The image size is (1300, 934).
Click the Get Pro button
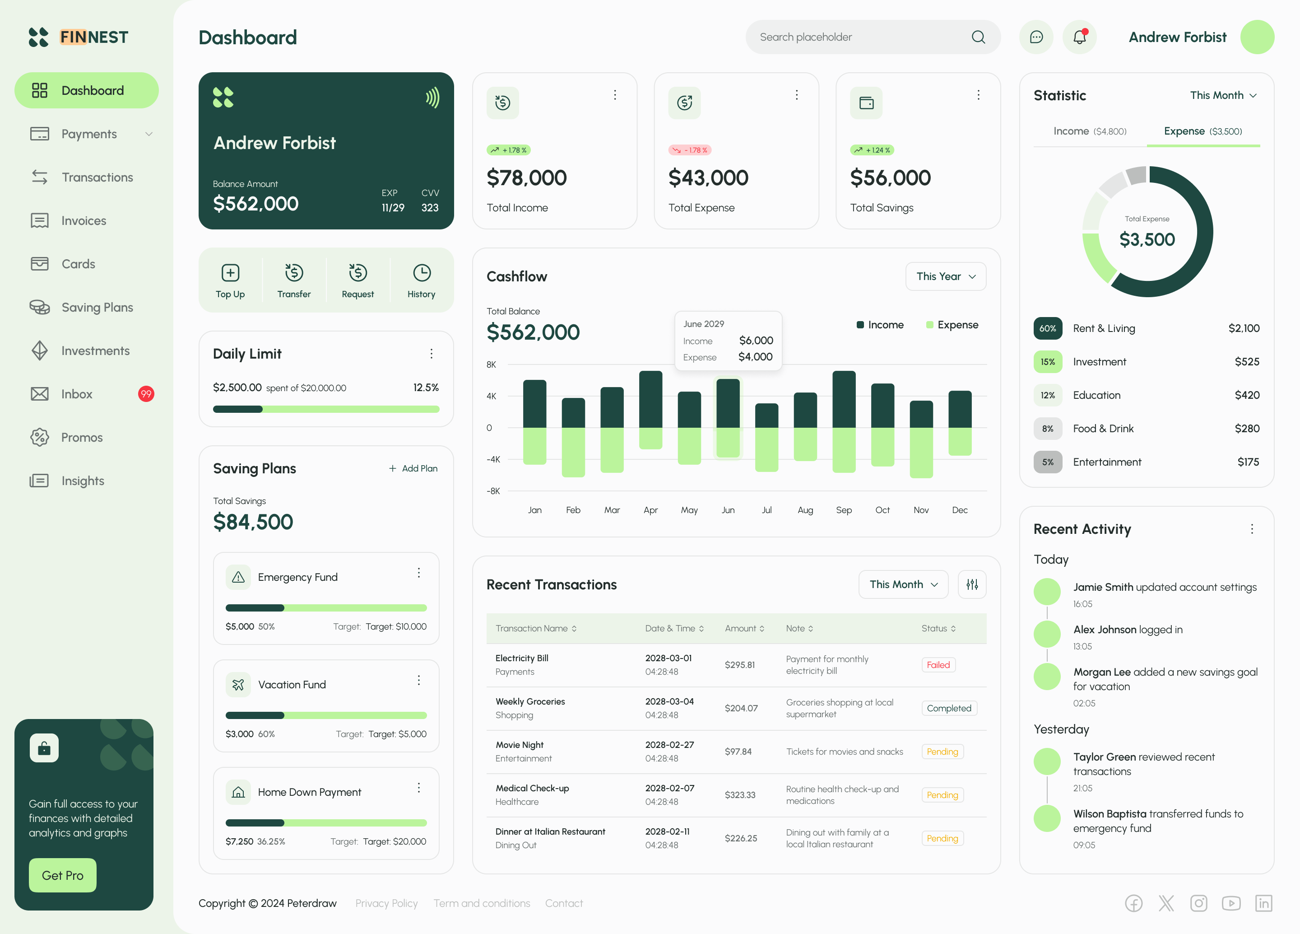62,875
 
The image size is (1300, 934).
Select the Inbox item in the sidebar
77,394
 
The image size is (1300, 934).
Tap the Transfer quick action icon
294,273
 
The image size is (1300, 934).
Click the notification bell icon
1079,37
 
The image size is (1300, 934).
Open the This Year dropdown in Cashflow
946,276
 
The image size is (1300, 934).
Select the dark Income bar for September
844,400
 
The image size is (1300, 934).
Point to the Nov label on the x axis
920,510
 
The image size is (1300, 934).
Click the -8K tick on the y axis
493,491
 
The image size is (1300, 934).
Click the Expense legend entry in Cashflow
952,325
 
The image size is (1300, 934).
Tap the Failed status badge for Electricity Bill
938,664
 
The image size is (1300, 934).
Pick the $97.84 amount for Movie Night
738,751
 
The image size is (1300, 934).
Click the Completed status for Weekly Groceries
949,708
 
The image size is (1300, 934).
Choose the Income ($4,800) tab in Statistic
1090,131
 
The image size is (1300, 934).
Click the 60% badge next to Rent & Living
1047,328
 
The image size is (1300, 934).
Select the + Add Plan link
413,468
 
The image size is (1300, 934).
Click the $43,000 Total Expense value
708,178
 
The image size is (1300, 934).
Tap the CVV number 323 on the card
430,208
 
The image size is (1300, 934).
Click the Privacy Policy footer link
386,903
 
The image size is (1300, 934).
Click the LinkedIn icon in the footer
1263,903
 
